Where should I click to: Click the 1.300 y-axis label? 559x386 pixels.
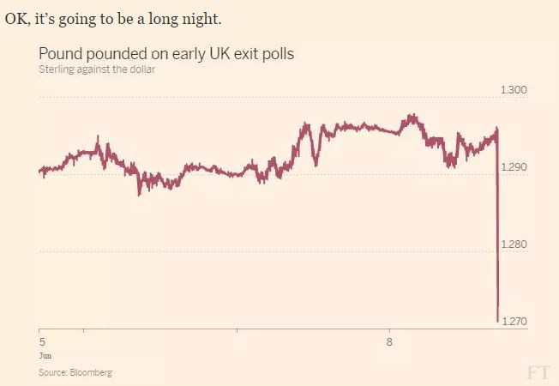(514, 90)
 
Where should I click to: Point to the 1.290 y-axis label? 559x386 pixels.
(514, 167)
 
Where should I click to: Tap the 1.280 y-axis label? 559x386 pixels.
(514, 244)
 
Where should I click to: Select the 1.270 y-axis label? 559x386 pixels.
(514, 322)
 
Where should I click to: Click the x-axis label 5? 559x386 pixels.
(41, 341)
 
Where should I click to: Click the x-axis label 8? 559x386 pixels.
(390, 341)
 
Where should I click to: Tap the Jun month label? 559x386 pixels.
(45, 353)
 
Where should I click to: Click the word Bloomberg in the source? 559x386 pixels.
(93, 373)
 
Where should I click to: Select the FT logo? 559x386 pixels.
(538, 371)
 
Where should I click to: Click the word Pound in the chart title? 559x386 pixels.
(59, 54)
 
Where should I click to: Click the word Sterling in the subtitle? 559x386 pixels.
(57, 69)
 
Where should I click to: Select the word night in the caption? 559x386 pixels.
(202, 18)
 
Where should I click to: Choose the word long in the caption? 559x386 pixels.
(159, 18)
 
